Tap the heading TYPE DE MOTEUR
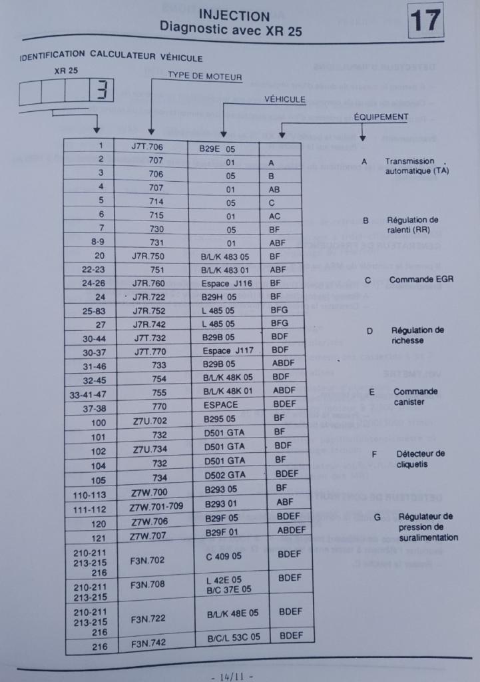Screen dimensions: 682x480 pyautogui.click(x=205, y=77)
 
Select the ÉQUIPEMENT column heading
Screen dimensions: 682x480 pyautogui.click(x=381, y=117)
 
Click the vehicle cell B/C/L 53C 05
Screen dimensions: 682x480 pyautogui.click(x=233, y=637)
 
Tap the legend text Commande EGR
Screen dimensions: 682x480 pyautogui.click(x=421, y=280)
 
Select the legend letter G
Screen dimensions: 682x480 pyautogui.click(x=377, y=516)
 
